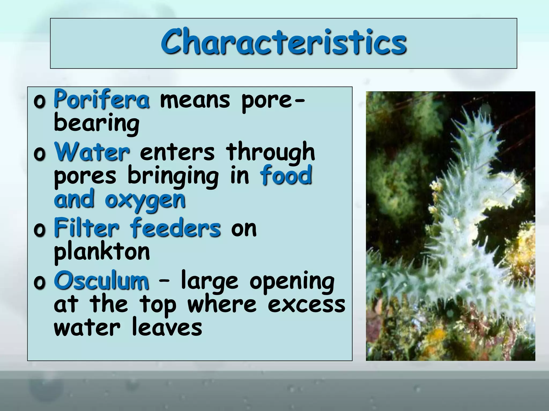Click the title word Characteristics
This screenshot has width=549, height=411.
pos(284,42)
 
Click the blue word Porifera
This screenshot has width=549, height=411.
pos(102,100)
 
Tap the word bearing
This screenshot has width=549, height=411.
pos(97,123)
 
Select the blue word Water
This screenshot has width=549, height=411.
pos(92,152)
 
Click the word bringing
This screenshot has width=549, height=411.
pos(173,176)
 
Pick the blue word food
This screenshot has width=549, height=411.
pos(286,175)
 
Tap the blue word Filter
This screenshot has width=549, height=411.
pos(86,228)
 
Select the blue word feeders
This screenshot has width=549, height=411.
pos(176,228)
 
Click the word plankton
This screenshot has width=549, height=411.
pos(102,252)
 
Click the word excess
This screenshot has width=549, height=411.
pos(306,305)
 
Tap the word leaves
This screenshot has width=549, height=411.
pos(167,328)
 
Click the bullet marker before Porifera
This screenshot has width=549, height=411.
pos(39,102)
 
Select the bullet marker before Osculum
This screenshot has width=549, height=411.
pos(39,283)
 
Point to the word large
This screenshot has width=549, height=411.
pos(209,281)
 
